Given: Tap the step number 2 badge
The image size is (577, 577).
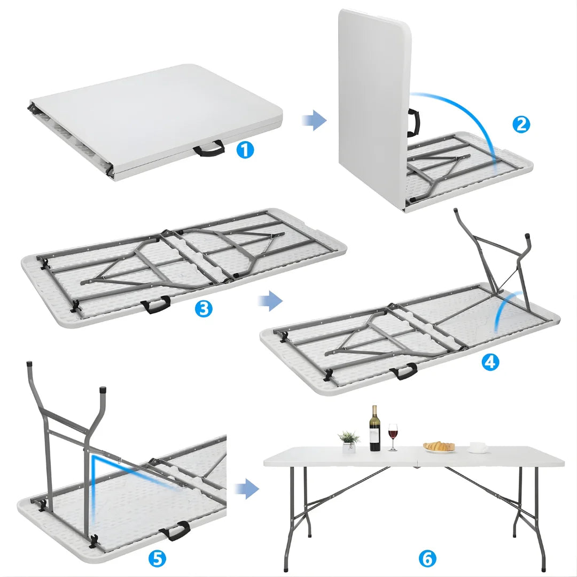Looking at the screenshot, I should pyautogui.click(x=521, y=124).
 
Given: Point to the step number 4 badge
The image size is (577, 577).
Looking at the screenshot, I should pyautogui.click(x=490, y=362).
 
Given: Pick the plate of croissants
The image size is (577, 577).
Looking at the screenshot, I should pyautogui.click(x=439, y=447).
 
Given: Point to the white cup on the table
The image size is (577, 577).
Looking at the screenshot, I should pyautogui.click(x=478, y=447).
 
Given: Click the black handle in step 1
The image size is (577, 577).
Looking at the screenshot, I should pyautogui.click(x=209, y=148).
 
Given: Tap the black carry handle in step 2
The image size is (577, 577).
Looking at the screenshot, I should pyautogui.click(x=414, y=122).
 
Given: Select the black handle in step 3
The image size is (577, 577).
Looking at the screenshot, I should pyautogui.click(x=155, y=305).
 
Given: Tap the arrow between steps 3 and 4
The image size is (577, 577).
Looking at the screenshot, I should pyautogui.click(x=270, y=301).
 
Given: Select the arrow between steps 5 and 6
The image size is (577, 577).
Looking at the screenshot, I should pyautogui.click(x=247, y=488).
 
